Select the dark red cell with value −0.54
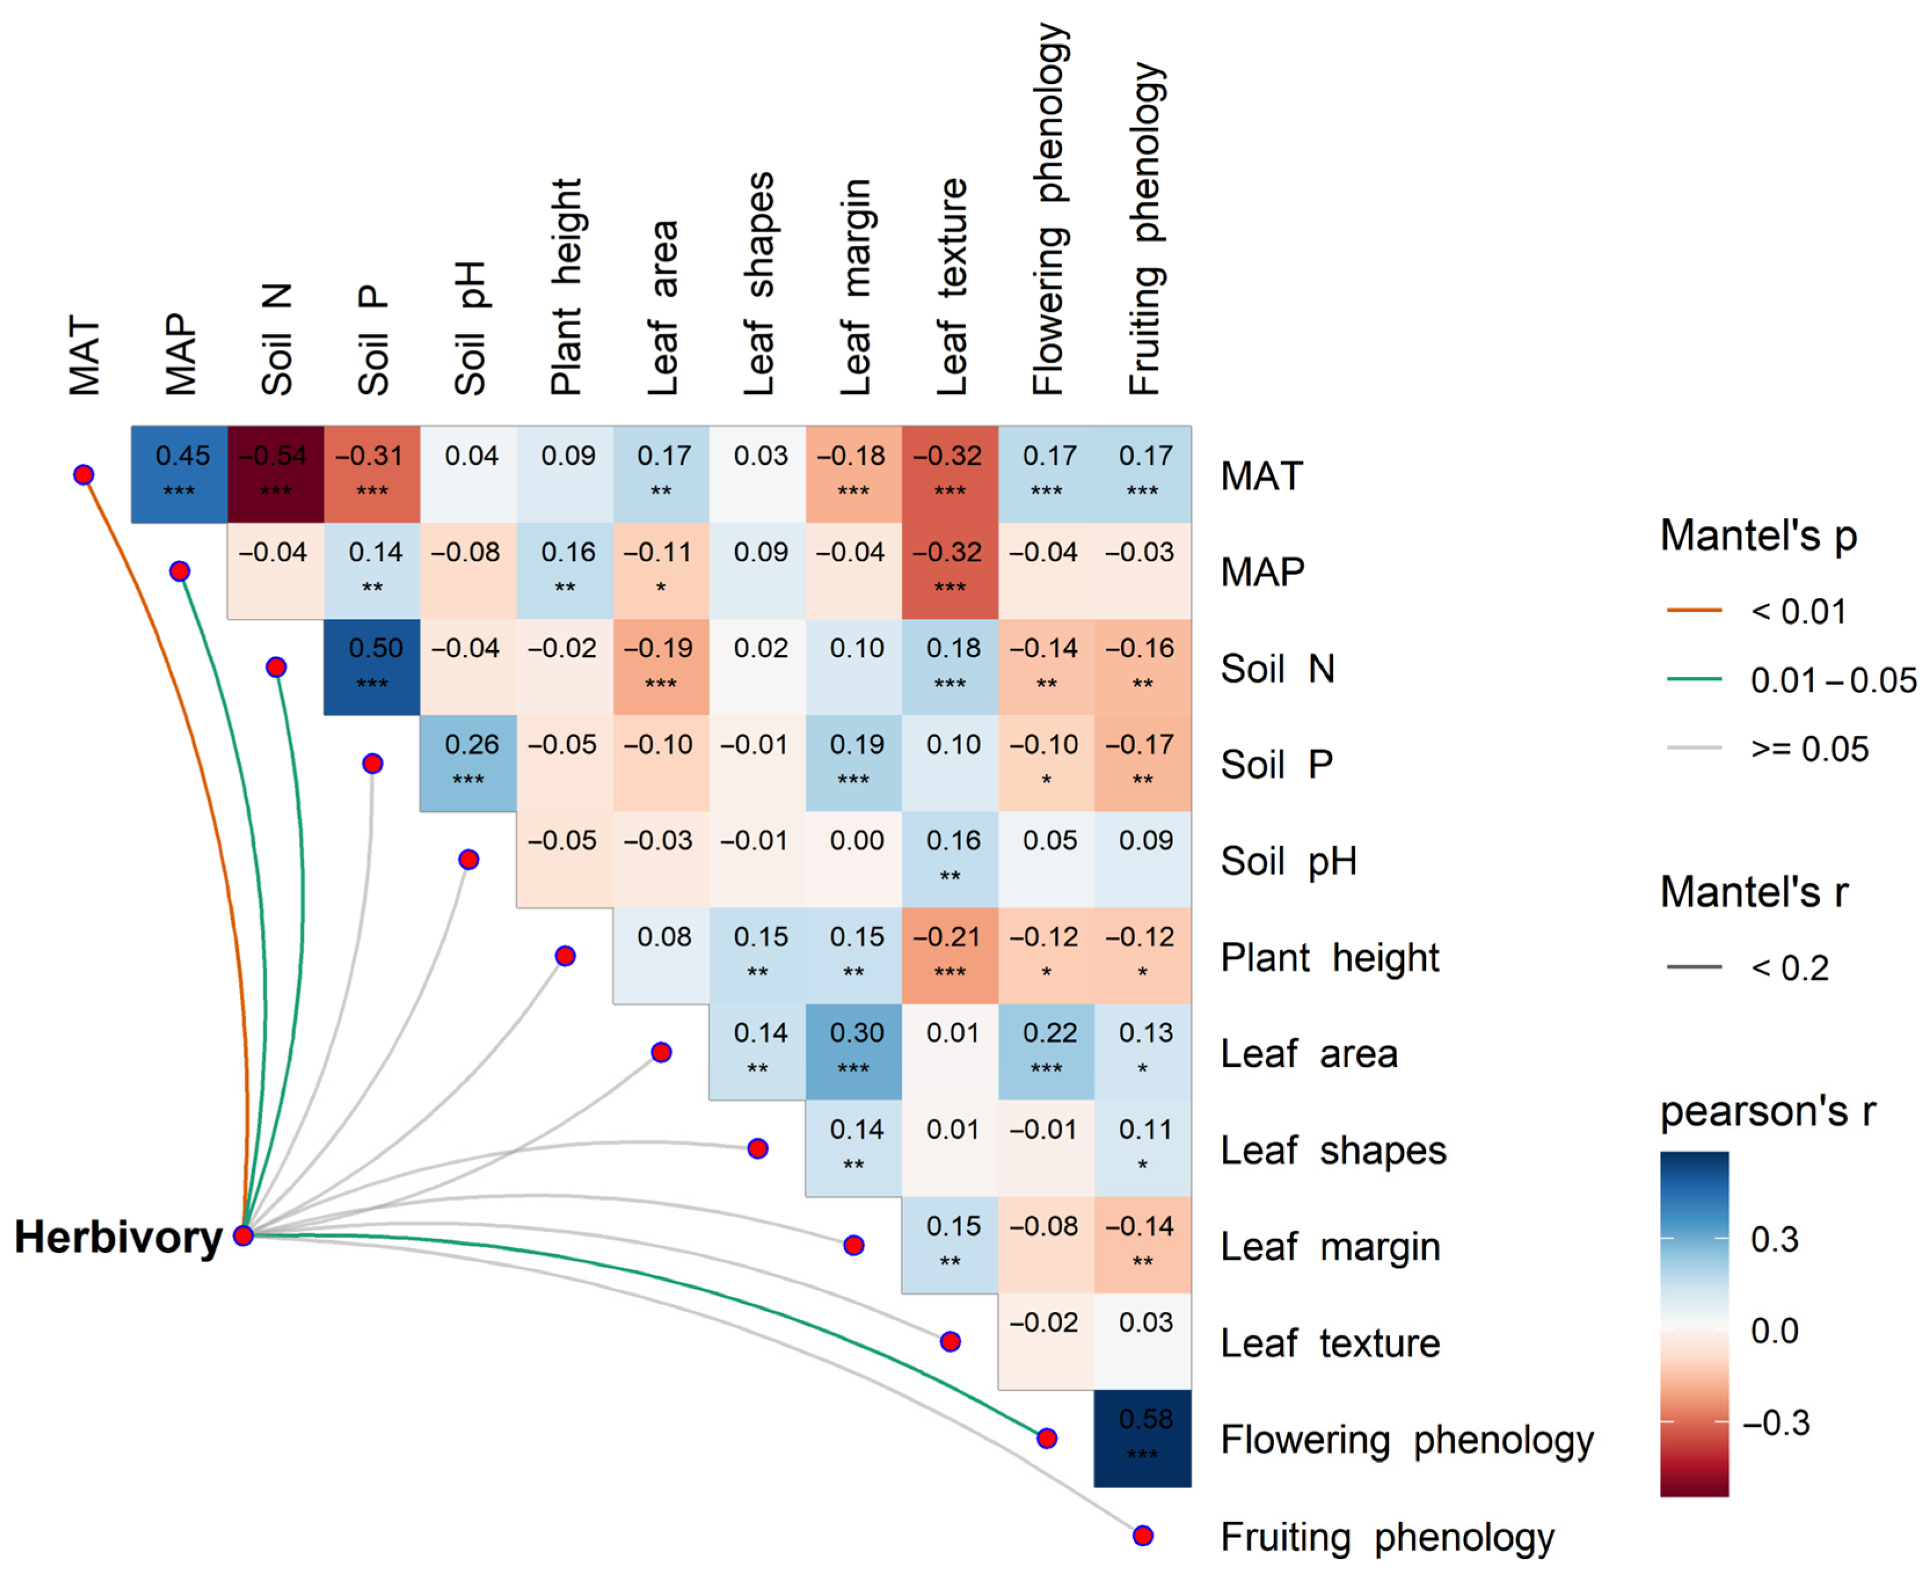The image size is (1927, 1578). (x=275, y=473)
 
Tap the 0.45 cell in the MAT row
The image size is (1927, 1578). (x=179, y=473)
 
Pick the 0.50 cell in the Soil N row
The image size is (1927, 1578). (x=371, y=666)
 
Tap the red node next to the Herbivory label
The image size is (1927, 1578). (x=243, y=1236)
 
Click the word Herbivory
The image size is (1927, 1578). (x=118, y=1237)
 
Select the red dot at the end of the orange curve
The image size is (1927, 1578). (x=83, y=475)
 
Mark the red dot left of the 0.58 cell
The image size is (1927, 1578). (x=1046, y=1438)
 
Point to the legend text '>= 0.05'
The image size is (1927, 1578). (x=1809, y=749)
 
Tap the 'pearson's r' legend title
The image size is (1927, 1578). (x=1767, y=1111)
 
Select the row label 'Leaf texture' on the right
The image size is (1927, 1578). (x=1329, y=1343)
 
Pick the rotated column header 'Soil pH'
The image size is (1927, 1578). (x=470, y=327)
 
